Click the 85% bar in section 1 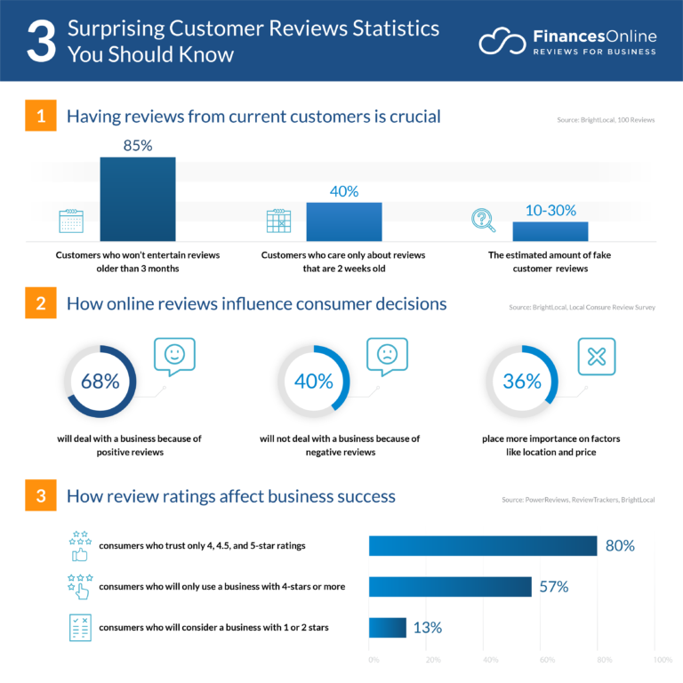point(137,198)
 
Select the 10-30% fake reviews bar point(550,231)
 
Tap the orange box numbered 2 point(41,303)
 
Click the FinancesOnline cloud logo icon point(502,42)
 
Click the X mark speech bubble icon point(597,357)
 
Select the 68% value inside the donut point(100,382)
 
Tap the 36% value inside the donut point(522,382)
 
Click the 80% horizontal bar point(482,546)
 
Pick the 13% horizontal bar point(387,627)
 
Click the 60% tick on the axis point(548,660)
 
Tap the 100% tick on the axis point(663,660)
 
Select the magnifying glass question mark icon point(483,220)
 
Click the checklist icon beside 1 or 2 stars point(81,627)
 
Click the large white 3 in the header point(41,42)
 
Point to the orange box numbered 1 point(41,117)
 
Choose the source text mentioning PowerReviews point(577,500)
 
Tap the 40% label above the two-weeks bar point(343,191)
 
